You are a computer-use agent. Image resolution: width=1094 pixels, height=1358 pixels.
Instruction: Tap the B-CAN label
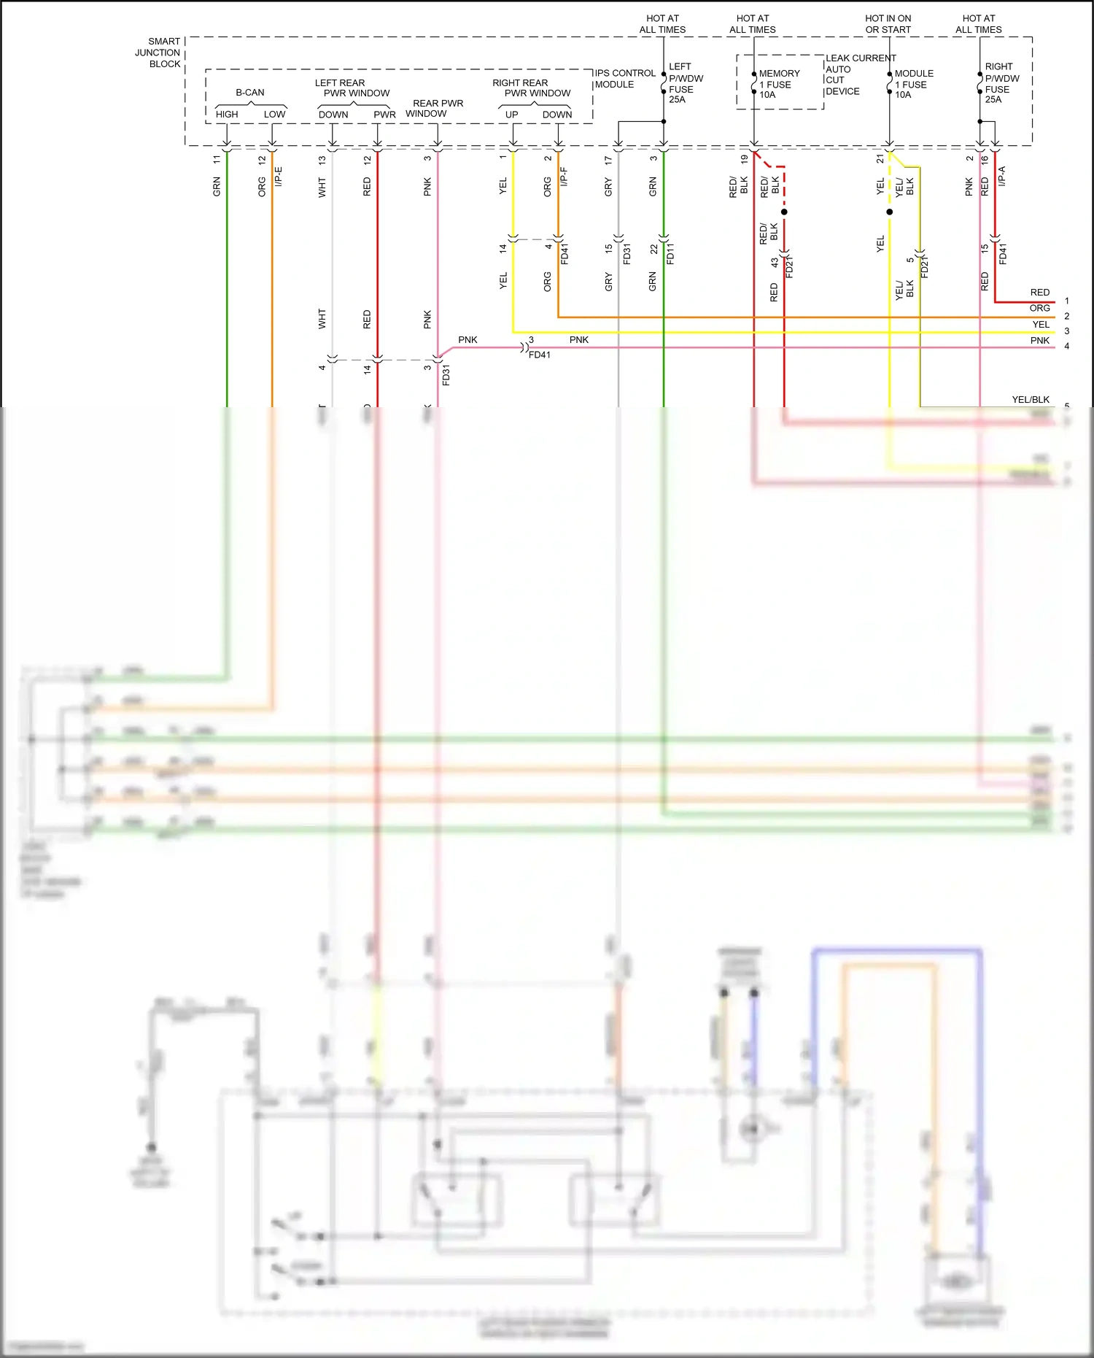pyautogui.click(x=250, y=93)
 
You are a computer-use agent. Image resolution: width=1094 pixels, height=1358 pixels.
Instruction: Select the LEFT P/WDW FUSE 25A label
pyautogui.click(x=685, y=83)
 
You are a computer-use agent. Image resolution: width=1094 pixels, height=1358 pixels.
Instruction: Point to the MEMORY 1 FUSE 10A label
pyautogui.click(x=778, y=84)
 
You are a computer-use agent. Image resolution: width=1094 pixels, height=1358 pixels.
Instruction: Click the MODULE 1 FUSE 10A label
pyautogui.click(x=913, y=84)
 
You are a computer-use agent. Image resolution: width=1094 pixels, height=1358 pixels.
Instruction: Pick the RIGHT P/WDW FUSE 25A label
pyautogui.click(x=1001, y=83)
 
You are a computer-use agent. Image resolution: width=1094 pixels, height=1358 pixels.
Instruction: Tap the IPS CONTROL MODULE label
pyautogui.click(x=624, y=79)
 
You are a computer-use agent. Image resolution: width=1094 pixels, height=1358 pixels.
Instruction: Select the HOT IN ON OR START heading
pyautogui.click(x=888, y=24)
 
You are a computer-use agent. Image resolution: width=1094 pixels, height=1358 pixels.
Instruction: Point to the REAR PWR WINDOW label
pyautogui.click(x=437, y=109)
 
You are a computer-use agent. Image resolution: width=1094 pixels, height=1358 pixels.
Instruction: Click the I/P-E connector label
pyautogui.click(x=279, y=177)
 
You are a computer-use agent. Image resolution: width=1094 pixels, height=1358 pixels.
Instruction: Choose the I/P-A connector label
pyautogui.click(x=1002, y=176)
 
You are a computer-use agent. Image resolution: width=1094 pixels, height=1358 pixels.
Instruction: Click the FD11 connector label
pyautogui.click(x=670, y=253)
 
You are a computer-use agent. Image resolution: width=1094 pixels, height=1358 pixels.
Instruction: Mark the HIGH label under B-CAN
pyautogui.click(x=227, y=115)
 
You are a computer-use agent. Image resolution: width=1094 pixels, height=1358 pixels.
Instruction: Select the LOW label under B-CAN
pyautogui.click(x=274, y=115)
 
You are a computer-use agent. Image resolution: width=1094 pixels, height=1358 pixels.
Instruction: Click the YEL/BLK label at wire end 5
pyautogui.click(x=1030, y=400)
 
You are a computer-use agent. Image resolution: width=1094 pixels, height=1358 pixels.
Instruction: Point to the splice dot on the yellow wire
pyautogui.click(x=890, y=212)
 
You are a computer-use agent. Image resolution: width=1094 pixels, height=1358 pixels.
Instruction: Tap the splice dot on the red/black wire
pyautogui.click(x=784, y=212)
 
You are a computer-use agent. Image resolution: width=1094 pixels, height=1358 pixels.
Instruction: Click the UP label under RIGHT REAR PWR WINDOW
pyautogui.click(x=512, y=115)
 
